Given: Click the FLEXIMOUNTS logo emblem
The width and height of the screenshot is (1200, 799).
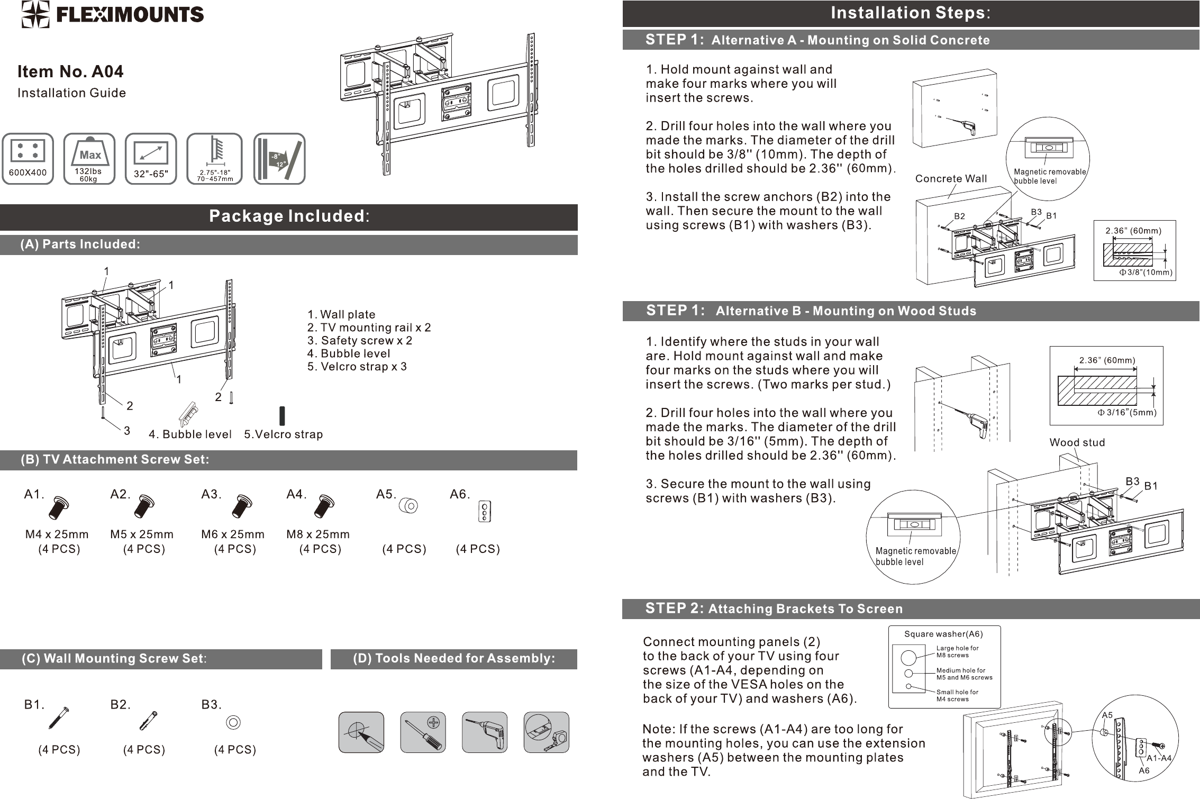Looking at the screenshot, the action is pos(36,14).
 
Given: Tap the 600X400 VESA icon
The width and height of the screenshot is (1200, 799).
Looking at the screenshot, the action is pos(28,158).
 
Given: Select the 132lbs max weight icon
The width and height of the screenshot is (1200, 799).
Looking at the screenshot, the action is pos(89,158).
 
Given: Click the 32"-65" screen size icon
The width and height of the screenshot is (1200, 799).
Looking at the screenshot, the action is pos(151,158).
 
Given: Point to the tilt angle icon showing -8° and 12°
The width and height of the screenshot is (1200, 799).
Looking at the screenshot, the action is pos(279,158).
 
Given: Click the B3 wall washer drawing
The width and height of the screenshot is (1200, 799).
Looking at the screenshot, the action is pos(233,722).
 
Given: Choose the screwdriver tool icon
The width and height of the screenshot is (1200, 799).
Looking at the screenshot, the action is pos(423,732).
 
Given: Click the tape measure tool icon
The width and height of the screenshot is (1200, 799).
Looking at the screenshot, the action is pos(546,732).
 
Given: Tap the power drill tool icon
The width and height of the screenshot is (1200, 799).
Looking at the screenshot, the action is pos(485,732).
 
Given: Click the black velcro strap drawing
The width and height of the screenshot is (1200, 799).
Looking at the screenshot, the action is pos(282,416).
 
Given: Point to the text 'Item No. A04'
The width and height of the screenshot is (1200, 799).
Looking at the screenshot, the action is pos(70,71).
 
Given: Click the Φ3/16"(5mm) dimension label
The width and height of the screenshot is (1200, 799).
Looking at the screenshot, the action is pos(1126,412).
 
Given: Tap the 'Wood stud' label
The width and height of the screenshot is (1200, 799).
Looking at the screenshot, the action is pos(1077,442).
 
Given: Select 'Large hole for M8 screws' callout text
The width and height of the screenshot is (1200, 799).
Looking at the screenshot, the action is pos(958,651).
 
